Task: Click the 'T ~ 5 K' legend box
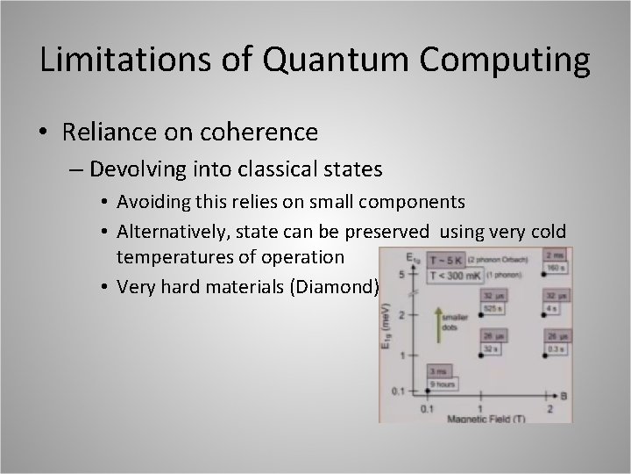(446, 260)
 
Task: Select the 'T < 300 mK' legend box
(450, 276)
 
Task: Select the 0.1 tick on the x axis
(426, 408)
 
